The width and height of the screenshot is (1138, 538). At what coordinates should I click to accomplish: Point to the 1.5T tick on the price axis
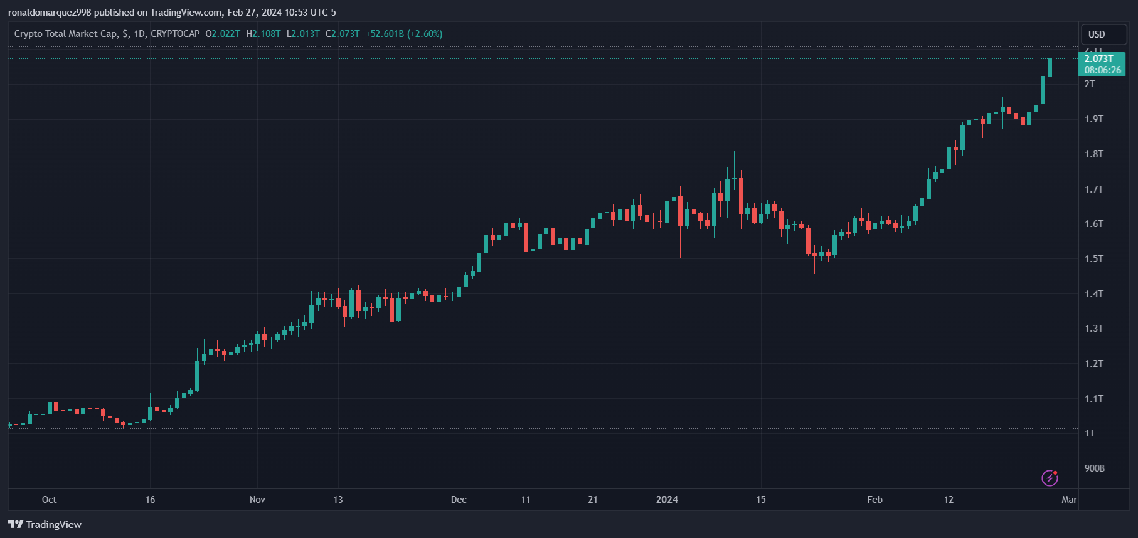coord(1093,259)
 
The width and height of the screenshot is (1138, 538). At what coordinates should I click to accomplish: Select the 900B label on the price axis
coord(1094,468)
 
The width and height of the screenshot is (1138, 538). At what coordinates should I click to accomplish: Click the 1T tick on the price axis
coord(1090,433)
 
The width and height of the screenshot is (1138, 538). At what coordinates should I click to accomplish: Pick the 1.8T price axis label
coord(1093,154)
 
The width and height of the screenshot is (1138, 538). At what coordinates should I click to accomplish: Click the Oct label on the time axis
coord(49,500)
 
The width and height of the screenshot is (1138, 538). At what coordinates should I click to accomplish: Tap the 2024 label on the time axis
coord(667,500)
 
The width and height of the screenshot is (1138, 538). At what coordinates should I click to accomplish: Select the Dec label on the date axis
coord(459,500)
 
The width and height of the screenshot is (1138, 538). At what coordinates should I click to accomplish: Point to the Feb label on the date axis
coord(875,500)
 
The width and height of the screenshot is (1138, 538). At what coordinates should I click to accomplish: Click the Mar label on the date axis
coord(1069,500)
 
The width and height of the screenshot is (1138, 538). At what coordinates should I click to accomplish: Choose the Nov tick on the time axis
coord(257,500)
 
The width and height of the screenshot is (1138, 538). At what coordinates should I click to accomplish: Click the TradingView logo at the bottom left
coord(45,525)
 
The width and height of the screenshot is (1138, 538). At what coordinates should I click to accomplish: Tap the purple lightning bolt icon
coord(1050,478)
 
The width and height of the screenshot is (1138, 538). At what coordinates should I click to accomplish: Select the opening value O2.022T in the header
coord(223,34)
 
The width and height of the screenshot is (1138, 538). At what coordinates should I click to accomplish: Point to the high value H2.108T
coord(263,34)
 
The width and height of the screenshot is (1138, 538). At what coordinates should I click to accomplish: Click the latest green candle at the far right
coord(1050,68)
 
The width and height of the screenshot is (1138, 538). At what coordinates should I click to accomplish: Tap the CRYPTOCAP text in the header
coord(175,34)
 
